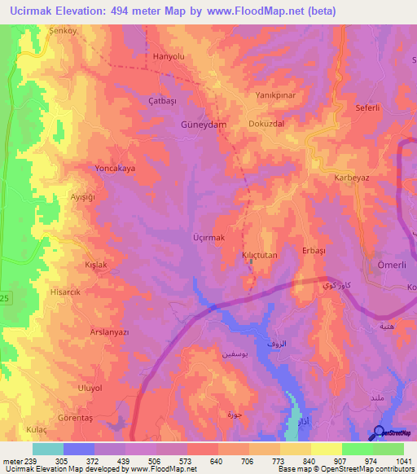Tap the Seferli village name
coord(370,107)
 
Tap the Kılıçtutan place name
coord(261,255)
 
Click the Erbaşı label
coord(314,251)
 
